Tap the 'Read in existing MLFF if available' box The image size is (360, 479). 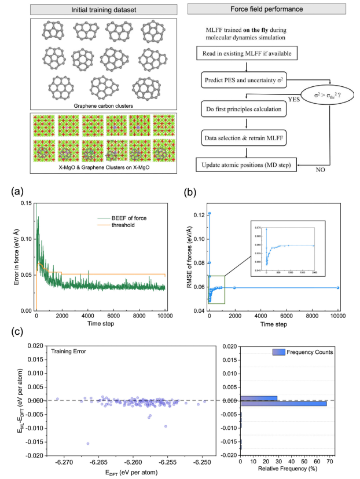[247, 54]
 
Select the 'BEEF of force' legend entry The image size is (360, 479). [127, 218]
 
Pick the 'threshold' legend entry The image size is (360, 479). [122, 225]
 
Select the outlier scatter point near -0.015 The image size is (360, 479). [87, 444]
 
